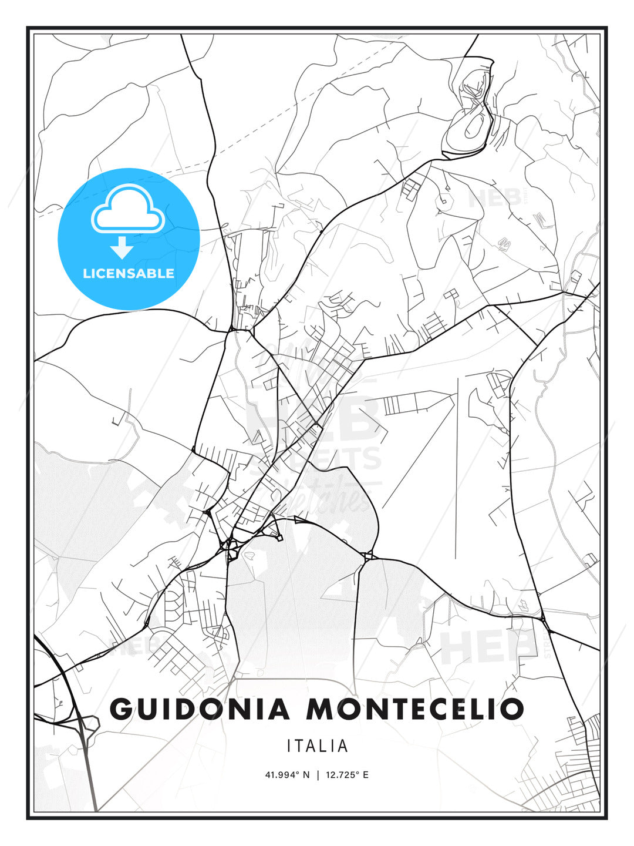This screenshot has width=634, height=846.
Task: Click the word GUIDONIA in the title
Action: (200, 709)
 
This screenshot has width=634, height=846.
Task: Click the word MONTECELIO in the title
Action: (414, 709)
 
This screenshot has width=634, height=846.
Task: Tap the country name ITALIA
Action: (317, 746)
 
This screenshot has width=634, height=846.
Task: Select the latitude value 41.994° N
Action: (287, 775)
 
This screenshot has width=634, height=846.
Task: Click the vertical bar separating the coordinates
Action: (317, 775)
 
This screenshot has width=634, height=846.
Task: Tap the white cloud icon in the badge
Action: (127, 210)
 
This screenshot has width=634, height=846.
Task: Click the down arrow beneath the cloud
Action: (122, 247)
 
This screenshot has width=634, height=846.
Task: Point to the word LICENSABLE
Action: (129, 274)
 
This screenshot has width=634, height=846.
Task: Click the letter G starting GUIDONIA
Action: (122, 709)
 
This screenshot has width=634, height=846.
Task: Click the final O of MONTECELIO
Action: (511, 709)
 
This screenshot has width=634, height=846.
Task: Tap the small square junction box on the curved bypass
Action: (368, 556)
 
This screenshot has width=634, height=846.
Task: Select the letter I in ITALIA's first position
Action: (289, 746)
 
